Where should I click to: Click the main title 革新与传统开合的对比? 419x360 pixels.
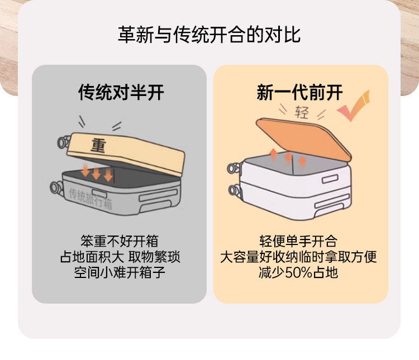click(209, 35)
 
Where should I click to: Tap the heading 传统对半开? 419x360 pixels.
click(121, 93)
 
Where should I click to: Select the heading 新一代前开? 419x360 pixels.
click(299, 93)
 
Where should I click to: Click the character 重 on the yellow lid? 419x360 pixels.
click(98, 146)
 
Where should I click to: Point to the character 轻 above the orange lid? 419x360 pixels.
click(302, 113)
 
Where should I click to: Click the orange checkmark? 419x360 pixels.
click(354, 106)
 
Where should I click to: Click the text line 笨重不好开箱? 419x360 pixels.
click(120, 241)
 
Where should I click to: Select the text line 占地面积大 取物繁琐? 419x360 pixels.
click(120, 257)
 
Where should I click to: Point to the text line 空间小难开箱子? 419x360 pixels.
click(120, 273)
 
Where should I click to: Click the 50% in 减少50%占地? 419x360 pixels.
click(299, 273)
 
